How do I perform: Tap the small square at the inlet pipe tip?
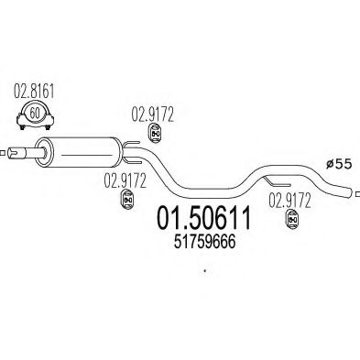pos(3,151)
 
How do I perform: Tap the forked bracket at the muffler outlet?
pos(132,147)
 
